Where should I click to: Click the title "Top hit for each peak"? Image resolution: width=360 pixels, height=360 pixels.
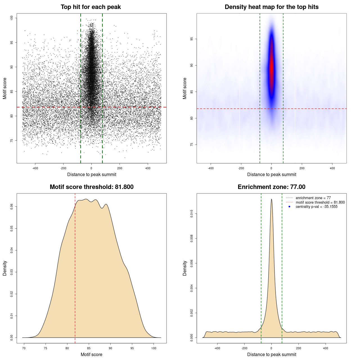tap(91, 7)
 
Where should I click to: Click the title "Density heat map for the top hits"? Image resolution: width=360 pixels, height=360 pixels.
tap(271, 7)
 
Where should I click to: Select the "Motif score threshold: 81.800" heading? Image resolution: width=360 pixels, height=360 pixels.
tap(91, 187)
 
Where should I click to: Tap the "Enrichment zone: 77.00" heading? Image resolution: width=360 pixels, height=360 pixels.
tap(271, 187)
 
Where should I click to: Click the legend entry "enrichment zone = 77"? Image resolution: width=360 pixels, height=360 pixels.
tap(313, 198)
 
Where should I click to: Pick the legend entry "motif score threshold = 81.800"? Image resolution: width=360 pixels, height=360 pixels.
tap(320, 202)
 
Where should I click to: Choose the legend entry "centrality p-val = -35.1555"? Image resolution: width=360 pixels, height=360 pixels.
tap(316, 207)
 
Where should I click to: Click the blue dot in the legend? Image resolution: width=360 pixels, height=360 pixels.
tap(289, 207)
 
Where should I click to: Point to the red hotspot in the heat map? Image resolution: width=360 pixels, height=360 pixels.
tap(271, 69)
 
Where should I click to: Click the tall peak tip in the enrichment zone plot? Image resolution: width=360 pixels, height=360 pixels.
tap(271, 199)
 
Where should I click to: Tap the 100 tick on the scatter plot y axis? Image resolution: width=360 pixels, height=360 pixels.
tap(12, 18)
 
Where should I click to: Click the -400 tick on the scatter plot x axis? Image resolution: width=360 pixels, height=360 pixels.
tap(35, 168)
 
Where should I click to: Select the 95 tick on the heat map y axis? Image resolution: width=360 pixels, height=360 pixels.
tap(192, 39)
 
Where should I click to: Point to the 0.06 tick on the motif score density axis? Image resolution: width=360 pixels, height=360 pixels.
tap(12, 207)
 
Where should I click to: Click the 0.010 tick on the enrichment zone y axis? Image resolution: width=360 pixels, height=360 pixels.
tap(192, 214)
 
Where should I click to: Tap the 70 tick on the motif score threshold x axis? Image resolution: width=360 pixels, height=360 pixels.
tap(24, 348)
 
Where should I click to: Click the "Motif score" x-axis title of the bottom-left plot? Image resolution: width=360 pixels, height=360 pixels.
tap(91, 354)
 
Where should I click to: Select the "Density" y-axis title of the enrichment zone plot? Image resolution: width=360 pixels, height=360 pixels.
tap(185, 268)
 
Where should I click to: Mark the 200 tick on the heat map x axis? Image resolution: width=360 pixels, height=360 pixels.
tap(302, 168)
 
